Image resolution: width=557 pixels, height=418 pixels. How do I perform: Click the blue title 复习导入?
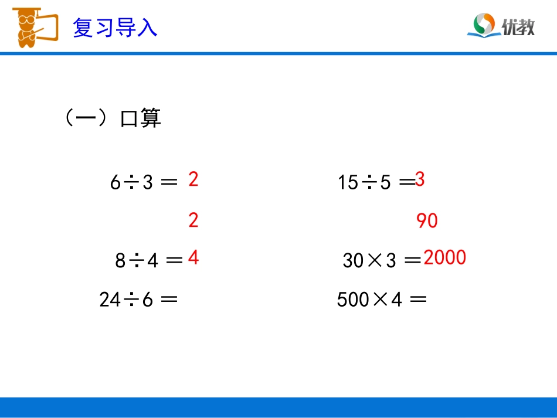[x=115, y=28]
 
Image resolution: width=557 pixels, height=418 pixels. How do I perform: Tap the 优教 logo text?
[x=518, y=26]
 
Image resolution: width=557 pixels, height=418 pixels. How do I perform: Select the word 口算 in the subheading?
[x=140, y=118]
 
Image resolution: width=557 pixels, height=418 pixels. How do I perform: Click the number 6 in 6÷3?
[x=115, y=183]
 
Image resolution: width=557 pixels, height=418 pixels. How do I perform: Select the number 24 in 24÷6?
[x=109, y=300]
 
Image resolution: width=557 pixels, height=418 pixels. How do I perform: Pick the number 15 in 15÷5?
[x=348, y=183]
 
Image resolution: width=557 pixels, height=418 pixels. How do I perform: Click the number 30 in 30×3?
[x=354, y=260]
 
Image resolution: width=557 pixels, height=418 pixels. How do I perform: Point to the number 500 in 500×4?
[x=353, y=300]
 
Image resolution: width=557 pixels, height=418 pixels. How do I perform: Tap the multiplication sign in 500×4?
[x=380, y=300]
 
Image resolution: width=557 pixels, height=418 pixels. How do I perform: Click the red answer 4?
[x=193, y=258]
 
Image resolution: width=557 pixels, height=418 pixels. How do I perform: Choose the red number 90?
[x=427, y=221]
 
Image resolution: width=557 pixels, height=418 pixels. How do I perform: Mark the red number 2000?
[x=444, y=258]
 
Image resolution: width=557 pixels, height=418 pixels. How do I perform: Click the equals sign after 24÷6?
[x=169, y=300]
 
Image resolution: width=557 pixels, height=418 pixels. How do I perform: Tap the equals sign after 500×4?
[x=417, y=300]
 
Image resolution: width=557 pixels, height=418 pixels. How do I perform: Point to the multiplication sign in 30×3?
[x=375, y=260]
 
